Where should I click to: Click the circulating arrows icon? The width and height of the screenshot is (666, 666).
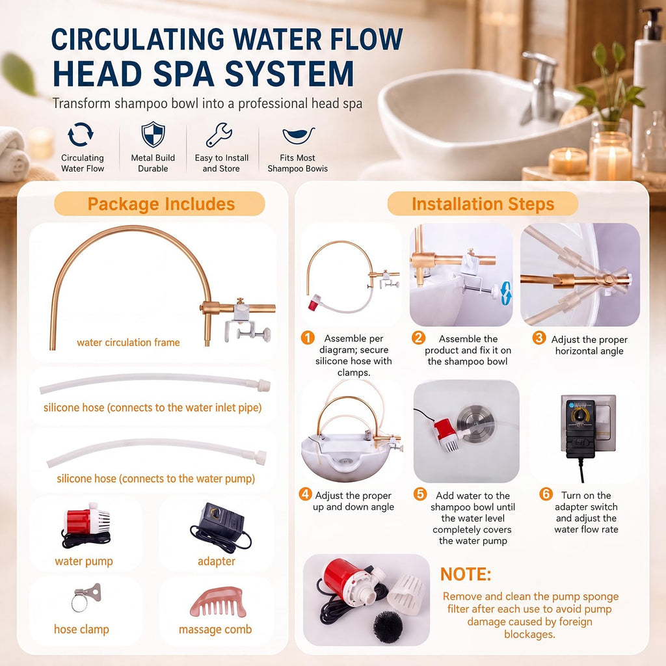tap(81, 135)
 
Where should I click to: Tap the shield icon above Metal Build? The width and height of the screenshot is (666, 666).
tap(153, 135)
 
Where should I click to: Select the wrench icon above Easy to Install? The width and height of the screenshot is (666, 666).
tap(219, 135)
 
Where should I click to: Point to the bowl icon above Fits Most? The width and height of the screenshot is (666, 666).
tap(299, 136)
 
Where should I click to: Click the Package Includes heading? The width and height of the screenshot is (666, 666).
tap(161, 204)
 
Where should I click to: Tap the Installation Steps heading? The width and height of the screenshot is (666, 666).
tap(483, 204)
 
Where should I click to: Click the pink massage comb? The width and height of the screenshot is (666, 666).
tap(218, 602)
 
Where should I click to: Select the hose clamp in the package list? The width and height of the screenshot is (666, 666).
tap(86, 597)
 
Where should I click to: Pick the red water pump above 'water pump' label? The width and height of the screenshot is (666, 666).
tap(87, 525)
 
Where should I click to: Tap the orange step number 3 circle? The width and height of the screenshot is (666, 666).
tap(539, 338)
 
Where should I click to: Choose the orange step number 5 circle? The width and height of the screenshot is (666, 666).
tap(420, 494)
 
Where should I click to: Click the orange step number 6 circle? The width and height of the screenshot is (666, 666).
tap(546, 494)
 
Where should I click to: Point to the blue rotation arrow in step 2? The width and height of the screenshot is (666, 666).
tap(506, 293)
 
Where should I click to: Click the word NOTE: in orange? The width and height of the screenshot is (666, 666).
tap(466, 574)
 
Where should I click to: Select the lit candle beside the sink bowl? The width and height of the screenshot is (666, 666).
tap(568, 161)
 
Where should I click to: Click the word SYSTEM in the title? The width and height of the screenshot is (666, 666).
tap(289, 74)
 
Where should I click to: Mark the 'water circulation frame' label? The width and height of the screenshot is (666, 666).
tap(128, 342)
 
